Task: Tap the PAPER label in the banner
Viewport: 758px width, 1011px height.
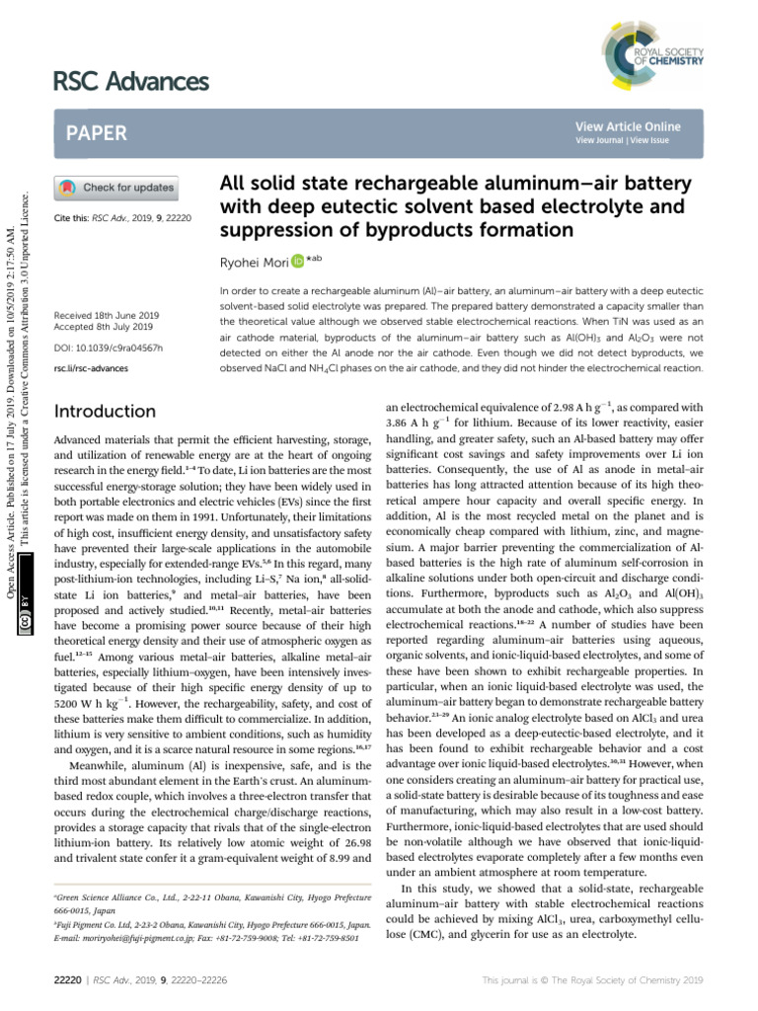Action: pyautogui.click(x=97, y=132)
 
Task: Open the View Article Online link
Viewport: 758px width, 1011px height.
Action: pyautogui.click(x=629, y=126)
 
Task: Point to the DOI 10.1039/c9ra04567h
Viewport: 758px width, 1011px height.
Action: pyautogui.click(x=109, y=349)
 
